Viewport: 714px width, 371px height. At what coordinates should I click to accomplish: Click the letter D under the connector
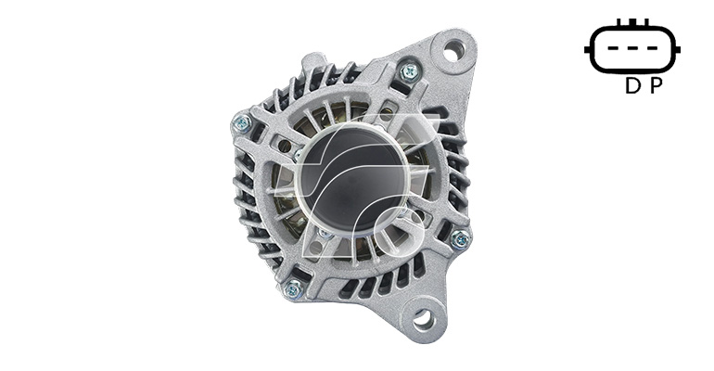tap(632, 85)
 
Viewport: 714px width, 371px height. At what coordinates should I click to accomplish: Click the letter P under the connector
tap(656, 85)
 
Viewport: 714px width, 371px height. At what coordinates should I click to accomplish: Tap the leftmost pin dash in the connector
tap(614, 48)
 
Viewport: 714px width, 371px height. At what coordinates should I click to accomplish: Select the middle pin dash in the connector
tap(633, 48)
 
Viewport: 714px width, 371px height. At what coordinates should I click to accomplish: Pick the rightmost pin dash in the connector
tap(652, 48)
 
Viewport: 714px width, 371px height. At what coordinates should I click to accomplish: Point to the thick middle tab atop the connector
tap(633, 22)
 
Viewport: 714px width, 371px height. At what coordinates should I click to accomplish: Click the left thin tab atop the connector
tap(618, 22)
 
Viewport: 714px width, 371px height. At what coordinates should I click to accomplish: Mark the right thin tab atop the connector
tap(646, 22)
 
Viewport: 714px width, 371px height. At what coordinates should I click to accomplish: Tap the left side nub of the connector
tap(587, 49)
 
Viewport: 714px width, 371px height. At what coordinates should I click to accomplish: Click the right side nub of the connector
tap(678, 49)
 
